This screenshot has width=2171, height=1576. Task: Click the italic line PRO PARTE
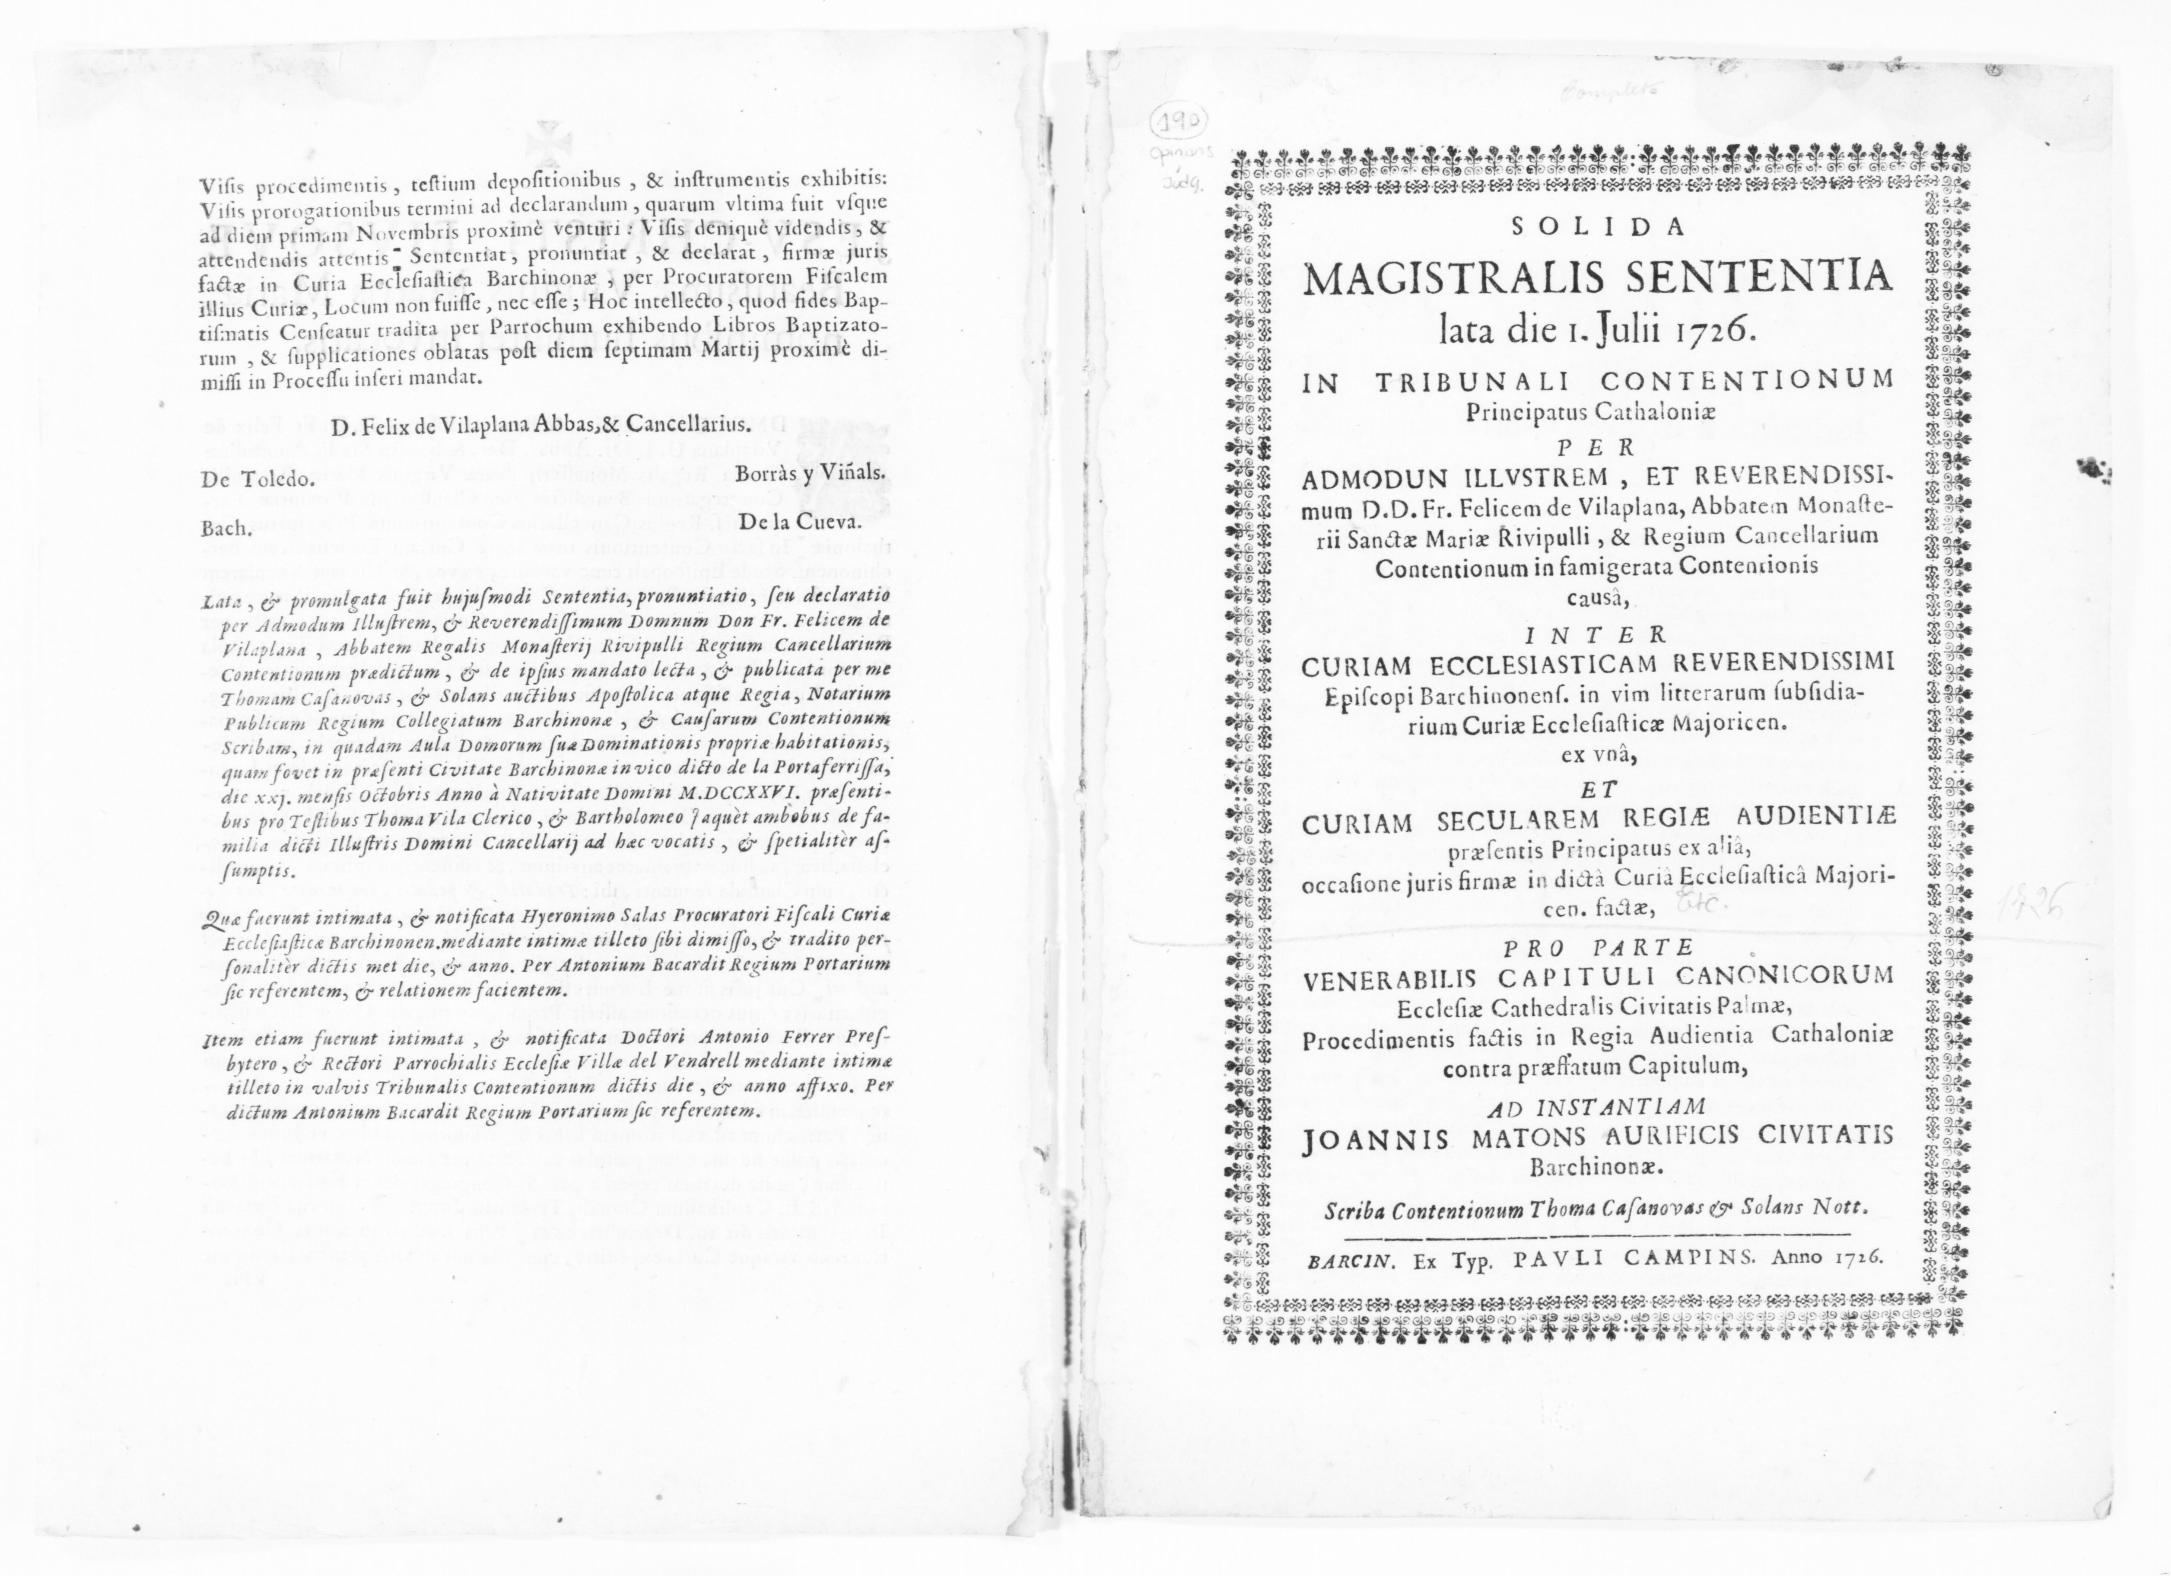coord(1595,948)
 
